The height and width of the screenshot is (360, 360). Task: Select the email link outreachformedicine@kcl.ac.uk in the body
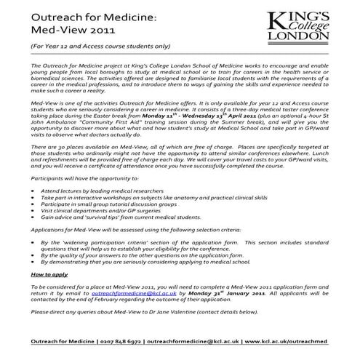137,295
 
